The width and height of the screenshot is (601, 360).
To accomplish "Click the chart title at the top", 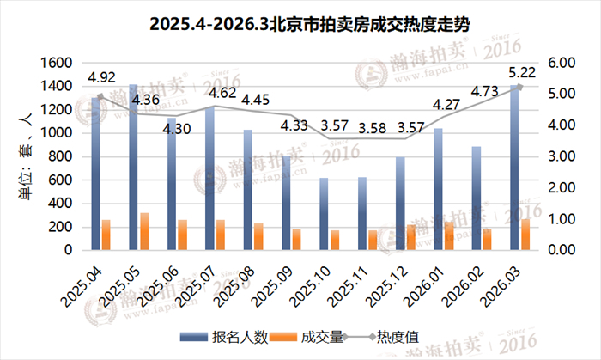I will [300, 22].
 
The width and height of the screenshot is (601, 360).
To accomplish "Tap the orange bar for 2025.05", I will [145, 232].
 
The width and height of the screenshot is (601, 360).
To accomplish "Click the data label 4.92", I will [101, 76].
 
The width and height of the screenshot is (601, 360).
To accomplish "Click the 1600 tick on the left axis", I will [56, 63].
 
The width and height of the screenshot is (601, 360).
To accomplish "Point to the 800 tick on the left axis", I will [60, 156].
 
